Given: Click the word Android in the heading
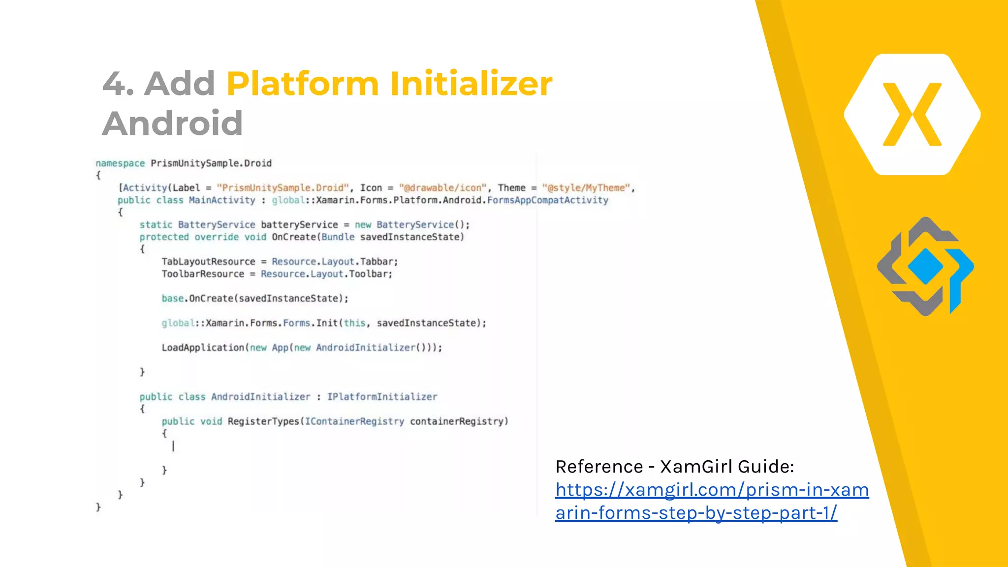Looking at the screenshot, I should [172, 123].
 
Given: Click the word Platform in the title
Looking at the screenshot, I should [302, 83].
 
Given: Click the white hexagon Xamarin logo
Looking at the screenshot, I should [912, 114].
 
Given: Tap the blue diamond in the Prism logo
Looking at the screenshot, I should [925, 266].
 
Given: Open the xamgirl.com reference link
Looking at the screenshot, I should [712, 501].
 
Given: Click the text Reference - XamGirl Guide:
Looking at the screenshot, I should [674, 467].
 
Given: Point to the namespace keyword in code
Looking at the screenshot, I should [120, 163].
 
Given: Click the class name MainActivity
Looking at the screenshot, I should [222, 200].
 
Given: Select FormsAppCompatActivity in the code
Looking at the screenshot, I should [547, 200].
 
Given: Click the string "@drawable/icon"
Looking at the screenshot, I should [442, 188].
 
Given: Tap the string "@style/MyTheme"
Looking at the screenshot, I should [586, 188].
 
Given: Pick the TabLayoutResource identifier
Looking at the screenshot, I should [208, 262].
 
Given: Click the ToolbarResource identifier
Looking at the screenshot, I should [203, 274].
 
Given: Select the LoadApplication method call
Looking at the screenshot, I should [203, 348].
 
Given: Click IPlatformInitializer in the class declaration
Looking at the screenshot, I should [382, 397].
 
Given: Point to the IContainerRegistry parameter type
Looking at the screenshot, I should [354, 421].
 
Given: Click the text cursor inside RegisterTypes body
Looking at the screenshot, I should [173, 446].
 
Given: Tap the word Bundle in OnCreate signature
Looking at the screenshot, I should [338, 237].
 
